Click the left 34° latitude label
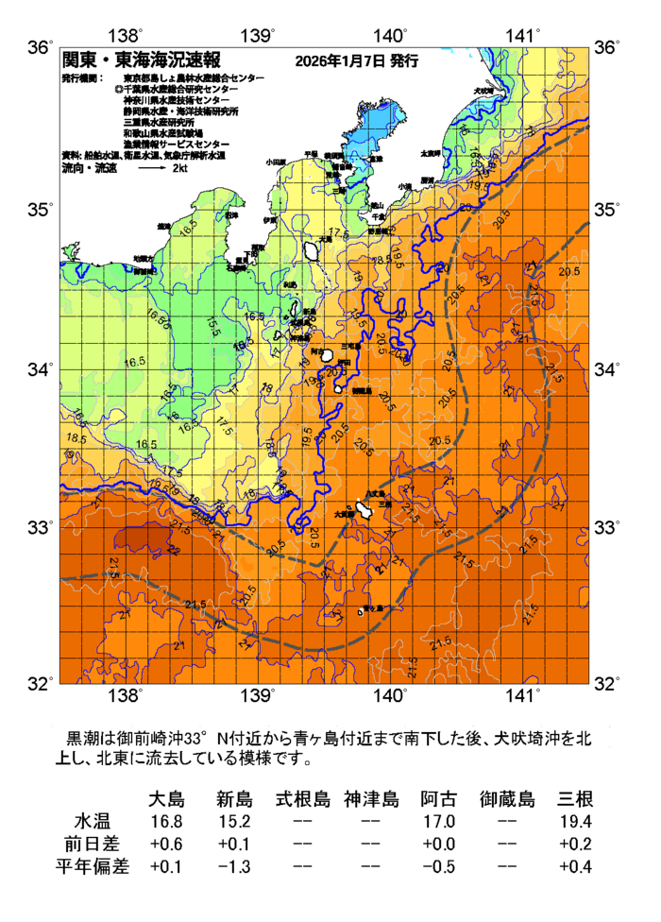tap(40, 368)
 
